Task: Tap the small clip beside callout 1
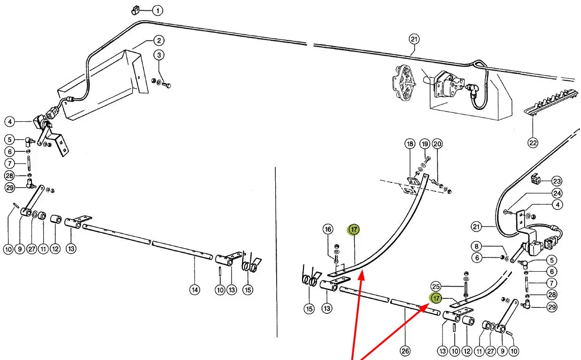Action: coord(135,9)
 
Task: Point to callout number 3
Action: coord(159,55)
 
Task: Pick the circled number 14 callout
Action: coord(194,290)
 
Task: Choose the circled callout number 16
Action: coord(328,229)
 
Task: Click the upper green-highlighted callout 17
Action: coord(354,229)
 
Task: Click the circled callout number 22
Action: coord(533,143)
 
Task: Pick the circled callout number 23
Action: coord(557,181)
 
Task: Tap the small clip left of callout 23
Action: coord(535,179)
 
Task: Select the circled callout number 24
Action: coord(557,193)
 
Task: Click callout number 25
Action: coord(436,286)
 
